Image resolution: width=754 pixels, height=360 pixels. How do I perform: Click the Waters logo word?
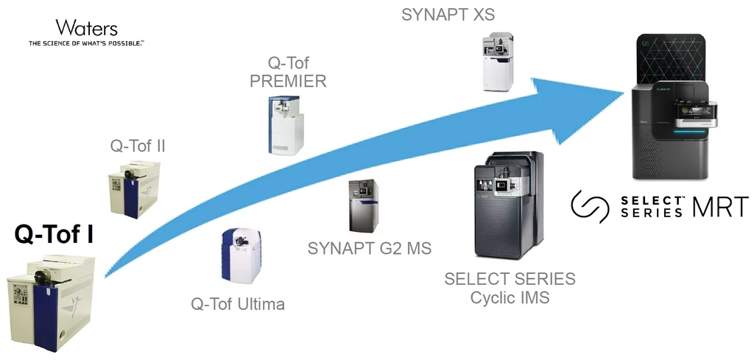[x=87, y=28]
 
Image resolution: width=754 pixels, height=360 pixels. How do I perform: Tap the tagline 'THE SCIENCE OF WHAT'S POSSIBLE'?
[x=87, y=43]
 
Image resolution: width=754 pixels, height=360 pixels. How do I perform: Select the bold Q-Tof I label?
[x=54, y=235]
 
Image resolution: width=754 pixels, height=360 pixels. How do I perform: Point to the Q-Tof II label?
[x=138, y=146]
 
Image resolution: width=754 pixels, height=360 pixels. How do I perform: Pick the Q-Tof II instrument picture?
[x=134, y=190]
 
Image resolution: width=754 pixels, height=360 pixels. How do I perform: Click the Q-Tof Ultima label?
[x=238, y=304]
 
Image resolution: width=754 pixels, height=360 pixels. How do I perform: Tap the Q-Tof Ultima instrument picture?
[x=241, y=255]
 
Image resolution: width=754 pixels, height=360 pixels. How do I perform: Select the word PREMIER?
[x=288, y=81]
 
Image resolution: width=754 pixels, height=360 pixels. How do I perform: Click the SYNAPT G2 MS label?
[x=370, y=248]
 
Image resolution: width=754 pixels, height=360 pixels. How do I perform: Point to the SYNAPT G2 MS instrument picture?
[x=364, y=205]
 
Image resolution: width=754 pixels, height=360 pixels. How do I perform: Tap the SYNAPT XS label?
[x=448, y=15]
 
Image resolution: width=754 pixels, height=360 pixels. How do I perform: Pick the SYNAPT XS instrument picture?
[x=498, y=61]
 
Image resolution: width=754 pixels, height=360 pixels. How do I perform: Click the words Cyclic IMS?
[x=510, y=297]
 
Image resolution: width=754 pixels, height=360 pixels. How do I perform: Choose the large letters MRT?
[x=720, y=207]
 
